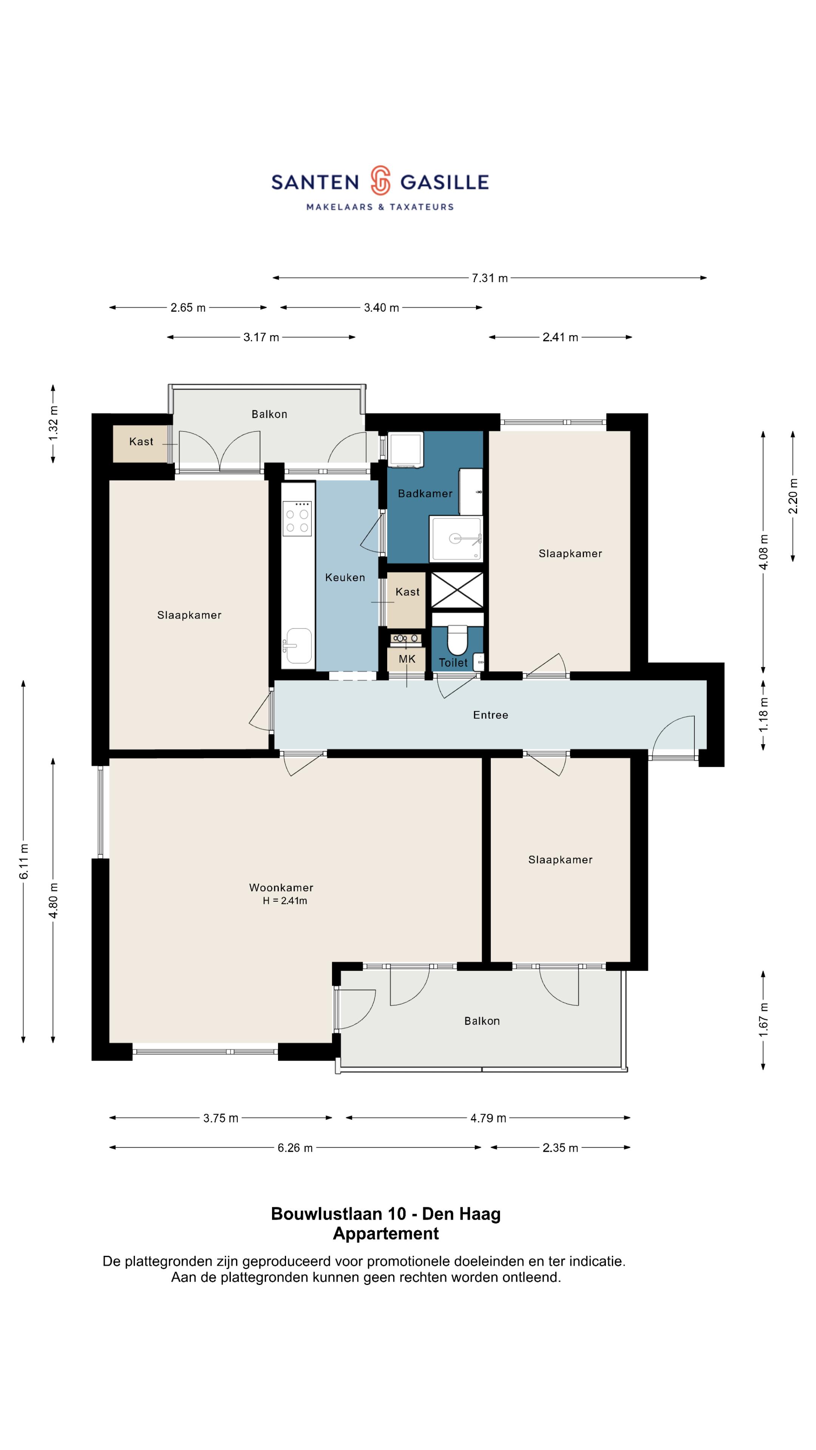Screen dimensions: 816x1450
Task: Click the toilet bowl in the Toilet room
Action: pyautogui.click(x=457, y=640)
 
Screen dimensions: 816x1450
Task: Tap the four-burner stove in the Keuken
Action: pyautogui.click(x=297, y=518)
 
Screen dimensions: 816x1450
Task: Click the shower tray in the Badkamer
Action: pyautogui.click(x=456, y=539)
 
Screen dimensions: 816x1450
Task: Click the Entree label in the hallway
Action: pyautogui.click(x=490, y=715)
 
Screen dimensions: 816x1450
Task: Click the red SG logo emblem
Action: pyautogui.click(x=380, y=180)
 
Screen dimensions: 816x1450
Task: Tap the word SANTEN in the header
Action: pyautogui.click(x=315, y=182)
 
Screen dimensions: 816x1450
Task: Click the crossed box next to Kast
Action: pyautogui.click(x=457, y=590)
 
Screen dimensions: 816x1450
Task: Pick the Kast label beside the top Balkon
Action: pyautogui.click(x=141, y=442)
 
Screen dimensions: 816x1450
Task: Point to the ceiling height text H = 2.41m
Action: pyautogui.click(x=285, y=901)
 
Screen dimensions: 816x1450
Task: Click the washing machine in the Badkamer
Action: pyautogui.click(x=405, y=450)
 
